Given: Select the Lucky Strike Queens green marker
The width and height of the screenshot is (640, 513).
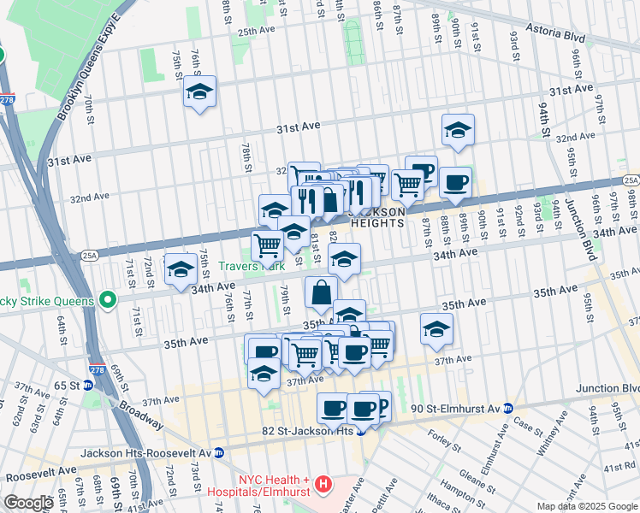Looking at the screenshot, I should point(107,300).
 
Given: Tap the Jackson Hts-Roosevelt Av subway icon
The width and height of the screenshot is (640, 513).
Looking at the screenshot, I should point(219,452).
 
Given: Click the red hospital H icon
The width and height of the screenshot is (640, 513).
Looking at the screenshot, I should point(323,486).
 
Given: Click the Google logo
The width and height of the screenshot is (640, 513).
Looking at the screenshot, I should point(28,503).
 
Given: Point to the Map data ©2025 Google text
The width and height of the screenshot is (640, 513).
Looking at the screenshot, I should point(587,506).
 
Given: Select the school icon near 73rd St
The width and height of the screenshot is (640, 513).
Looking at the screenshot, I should point(181,269).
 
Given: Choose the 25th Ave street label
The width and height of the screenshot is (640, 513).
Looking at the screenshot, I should point(256,31).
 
